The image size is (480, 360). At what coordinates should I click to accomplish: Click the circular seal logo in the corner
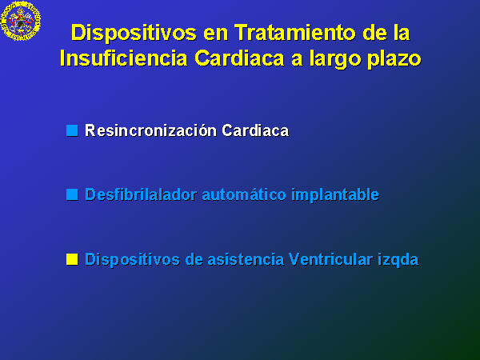(21, 21)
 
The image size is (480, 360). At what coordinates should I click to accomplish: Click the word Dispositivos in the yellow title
(134, 34)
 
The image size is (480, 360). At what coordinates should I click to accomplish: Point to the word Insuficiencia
(123, 58)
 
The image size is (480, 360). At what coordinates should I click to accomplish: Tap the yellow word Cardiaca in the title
(240, 58)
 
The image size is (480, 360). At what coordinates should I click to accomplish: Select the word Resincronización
(150, 130)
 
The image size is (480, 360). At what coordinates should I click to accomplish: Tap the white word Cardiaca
(255, 130)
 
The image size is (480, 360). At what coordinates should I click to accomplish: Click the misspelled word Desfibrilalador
(141, 194)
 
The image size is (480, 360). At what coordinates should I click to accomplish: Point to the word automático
(244, 194)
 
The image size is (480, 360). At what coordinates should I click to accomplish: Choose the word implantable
(335, 195)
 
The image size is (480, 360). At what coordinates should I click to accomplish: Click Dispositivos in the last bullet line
(132, 260)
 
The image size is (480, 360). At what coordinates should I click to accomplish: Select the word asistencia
(246, 259)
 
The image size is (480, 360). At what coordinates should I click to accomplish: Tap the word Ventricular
(330, 259)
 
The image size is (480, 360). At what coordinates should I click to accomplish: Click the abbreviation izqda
(398, 260)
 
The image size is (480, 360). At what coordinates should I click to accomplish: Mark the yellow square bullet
(72, 259)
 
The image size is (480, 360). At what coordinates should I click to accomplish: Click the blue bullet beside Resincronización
(72, 130)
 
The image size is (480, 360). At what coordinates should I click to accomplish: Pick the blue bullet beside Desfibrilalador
(72, 194)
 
